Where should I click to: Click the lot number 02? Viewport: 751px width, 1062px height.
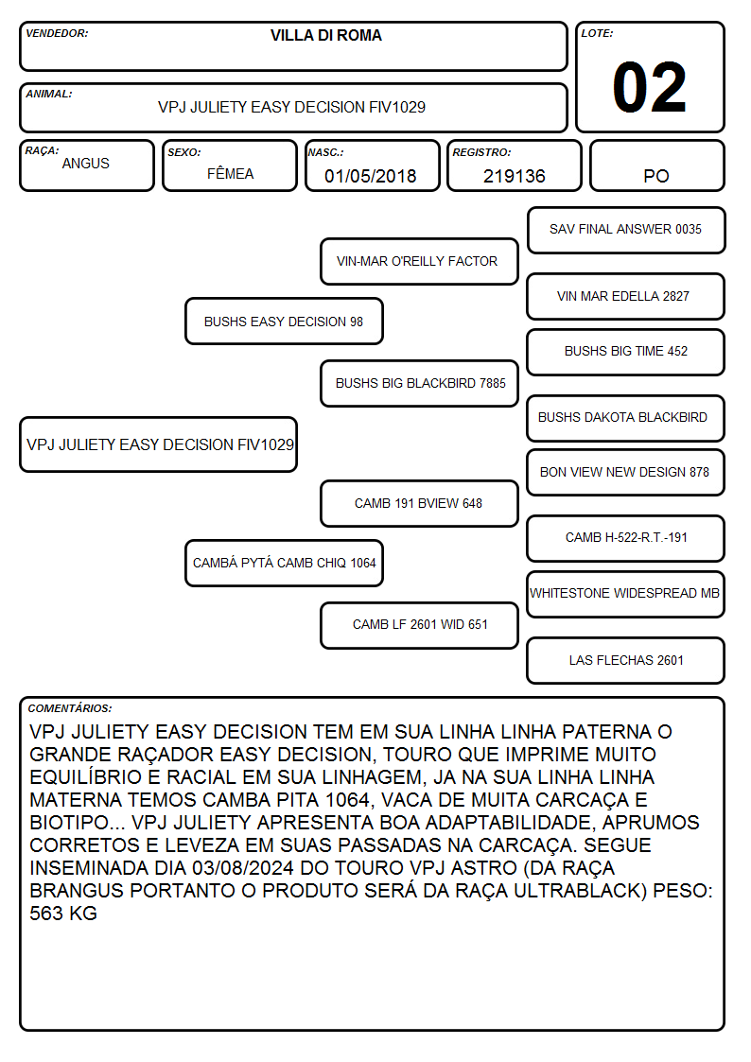[649, 87]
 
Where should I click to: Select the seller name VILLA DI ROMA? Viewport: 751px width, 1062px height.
[325, 35]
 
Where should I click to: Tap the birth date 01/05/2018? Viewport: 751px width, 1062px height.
[371, 176]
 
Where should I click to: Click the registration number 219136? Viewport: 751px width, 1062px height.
[514, 176]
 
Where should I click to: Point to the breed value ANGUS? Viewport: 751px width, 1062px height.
[85, 164]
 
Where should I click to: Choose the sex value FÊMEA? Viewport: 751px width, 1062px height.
[230, 173]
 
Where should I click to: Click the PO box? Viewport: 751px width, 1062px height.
[656, 165]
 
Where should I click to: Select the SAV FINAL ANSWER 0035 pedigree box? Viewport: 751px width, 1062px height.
[626, 231]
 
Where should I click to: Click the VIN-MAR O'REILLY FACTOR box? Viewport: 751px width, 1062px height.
[419, 261]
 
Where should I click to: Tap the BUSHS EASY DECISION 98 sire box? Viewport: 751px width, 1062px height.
[284, 321]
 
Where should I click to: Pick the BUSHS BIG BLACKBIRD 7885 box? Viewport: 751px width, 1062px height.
[419, 383]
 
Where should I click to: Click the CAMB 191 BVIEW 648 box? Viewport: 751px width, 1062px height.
[419, 503]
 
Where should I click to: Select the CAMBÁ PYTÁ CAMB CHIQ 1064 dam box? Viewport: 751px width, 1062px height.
[284, 563]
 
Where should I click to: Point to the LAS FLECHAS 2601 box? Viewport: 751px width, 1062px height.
[626, 660]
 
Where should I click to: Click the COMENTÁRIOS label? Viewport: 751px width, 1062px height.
[70, 708]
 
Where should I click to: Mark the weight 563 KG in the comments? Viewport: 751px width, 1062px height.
[63, 914]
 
